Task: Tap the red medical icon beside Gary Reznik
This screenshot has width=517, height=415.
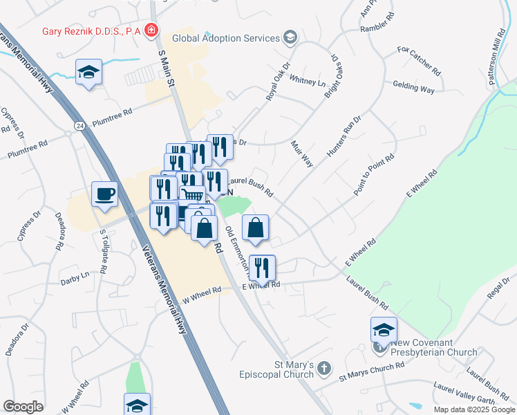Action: point(151,31)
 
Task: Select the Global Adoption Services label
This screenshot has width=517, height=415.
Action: point(225,39)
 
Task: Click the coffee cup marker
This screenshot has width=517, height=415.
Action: point(104,194)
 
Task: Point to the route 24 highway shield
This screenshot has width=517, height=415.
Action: point(80,126)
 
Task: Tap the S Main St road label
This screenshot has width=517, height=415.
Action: point(164,68)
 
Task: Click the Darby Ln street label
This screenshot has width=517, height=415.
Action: point(75,275)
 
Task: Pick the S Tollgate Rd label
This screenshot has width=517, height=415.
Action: point(104,252)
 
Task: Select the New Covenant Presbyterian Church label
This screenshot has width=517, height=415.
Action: point(433,347)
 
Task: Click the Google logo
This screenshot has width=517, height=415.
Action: point(23,407)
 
